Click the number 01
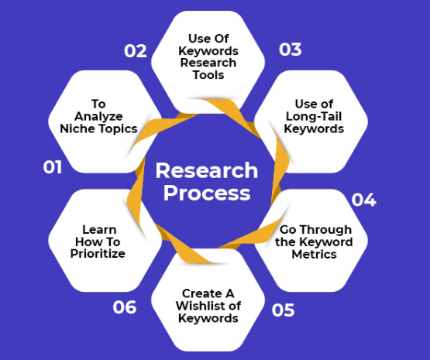[x=53, y=167]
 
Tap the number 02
[x=136, y=51]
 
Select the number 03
[x=290, y=50]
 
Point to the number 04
[x=363, y=200]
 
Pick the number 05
[x=283, y=310]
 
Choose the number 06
[x=125, y=307]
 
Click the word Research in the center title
[x=207, y=170]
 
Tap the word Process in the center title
[x=207, y=193]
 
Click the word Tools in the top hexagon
[x=208, y=75]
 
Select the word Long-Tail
[x=314, y=116]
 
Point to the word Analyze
[x=98, y=116]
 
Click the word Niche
[x=78, y=129]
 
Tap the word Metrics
[x=314, y=254]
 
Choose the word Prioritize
[x=98, y=253]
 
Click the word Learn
[x=99, y=230]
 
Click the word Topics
[x=118, y=129]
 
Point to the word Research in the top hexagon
[x=208, y=63]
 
